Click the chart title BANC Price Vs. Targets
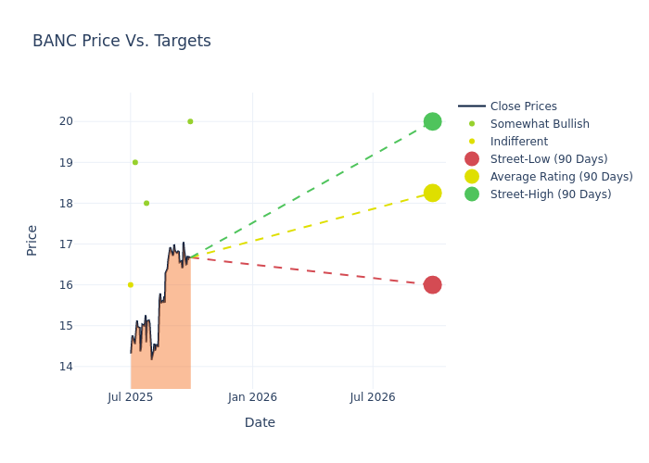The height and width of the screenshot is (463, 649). (x=121, y=41)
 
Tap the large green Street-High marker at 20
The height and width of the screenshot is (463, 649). (x=432, y=121)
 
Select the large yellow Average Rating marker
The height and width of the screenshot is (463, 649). (x=432, y=193)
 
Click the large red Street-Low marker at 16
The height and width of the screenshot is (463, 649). (x=432, y=284)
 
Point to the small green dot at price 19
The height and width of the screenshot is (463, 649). (x=134, y=162)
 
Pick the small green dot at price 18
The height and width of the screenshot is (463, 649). (x=146, y=203)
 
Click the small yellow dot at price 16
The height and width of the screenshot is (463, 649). (x=130, y=284)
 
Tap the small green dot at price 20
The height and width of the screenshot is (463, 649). (x=190, y=121)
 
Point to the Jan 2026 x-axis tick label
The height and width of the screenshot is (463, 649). (x=252, y=397)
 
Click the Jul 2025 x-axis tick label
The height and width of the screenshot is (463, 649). (x=131, y=397)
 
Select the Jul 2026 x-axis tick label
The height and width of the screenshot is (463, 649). (x=373, y=397)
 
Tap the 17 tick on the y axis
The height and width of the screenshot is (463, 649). (x=93, y=244)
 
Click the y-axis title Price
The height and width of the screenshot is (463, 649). (x=32, y=240)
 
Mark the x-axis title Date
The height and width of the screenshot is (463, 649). (x=260, y=422)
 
